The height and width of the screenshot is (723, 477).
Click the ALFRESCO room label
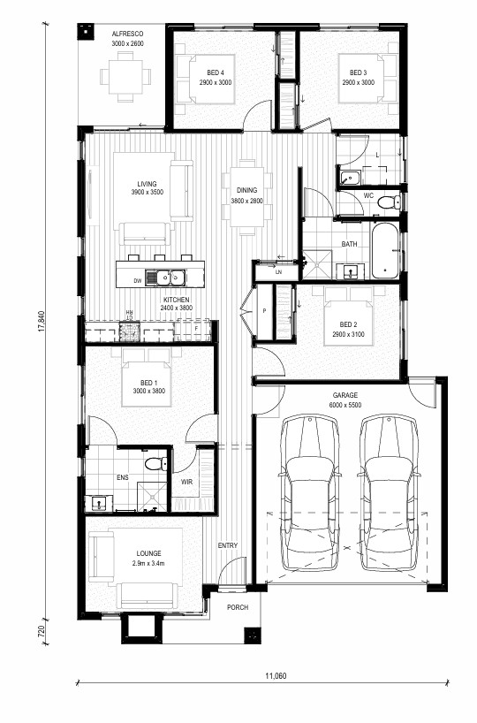pos(127,34)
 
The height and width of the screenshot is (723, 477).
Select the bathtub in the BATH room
pos(385,251)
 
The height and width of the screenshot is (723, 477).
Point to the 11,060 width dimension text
pos(276,676)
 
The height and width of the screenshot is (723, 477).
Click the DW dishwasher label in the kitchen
pos(137,280)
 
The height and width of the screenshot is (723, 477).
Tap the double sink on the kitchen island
pos(165,278)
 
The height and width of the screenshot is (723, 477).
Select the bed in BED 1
pos(147,378)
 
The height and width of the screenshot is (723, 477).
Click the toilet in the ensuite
pos(156,463)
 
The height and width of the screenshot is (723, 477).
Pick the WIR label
pos(186,482)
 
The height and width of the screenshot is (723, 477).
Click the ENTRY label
pos(228,545)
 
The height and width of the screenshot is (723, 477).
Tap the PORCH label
pos(238,607)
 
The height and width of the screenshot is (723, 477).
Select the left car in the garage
pos(310,493)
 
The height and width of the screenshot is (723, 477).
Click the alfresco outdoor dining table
pos(125,77)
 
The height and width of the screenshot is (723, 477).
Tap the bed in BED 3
pos(367,79)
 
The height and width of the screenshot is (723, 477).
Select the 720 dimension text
pos(42,631)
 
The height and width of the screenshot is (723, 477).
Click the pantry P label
pos(264,311)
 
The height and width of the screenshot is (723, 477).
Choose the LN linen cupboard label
pos(278,272)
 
